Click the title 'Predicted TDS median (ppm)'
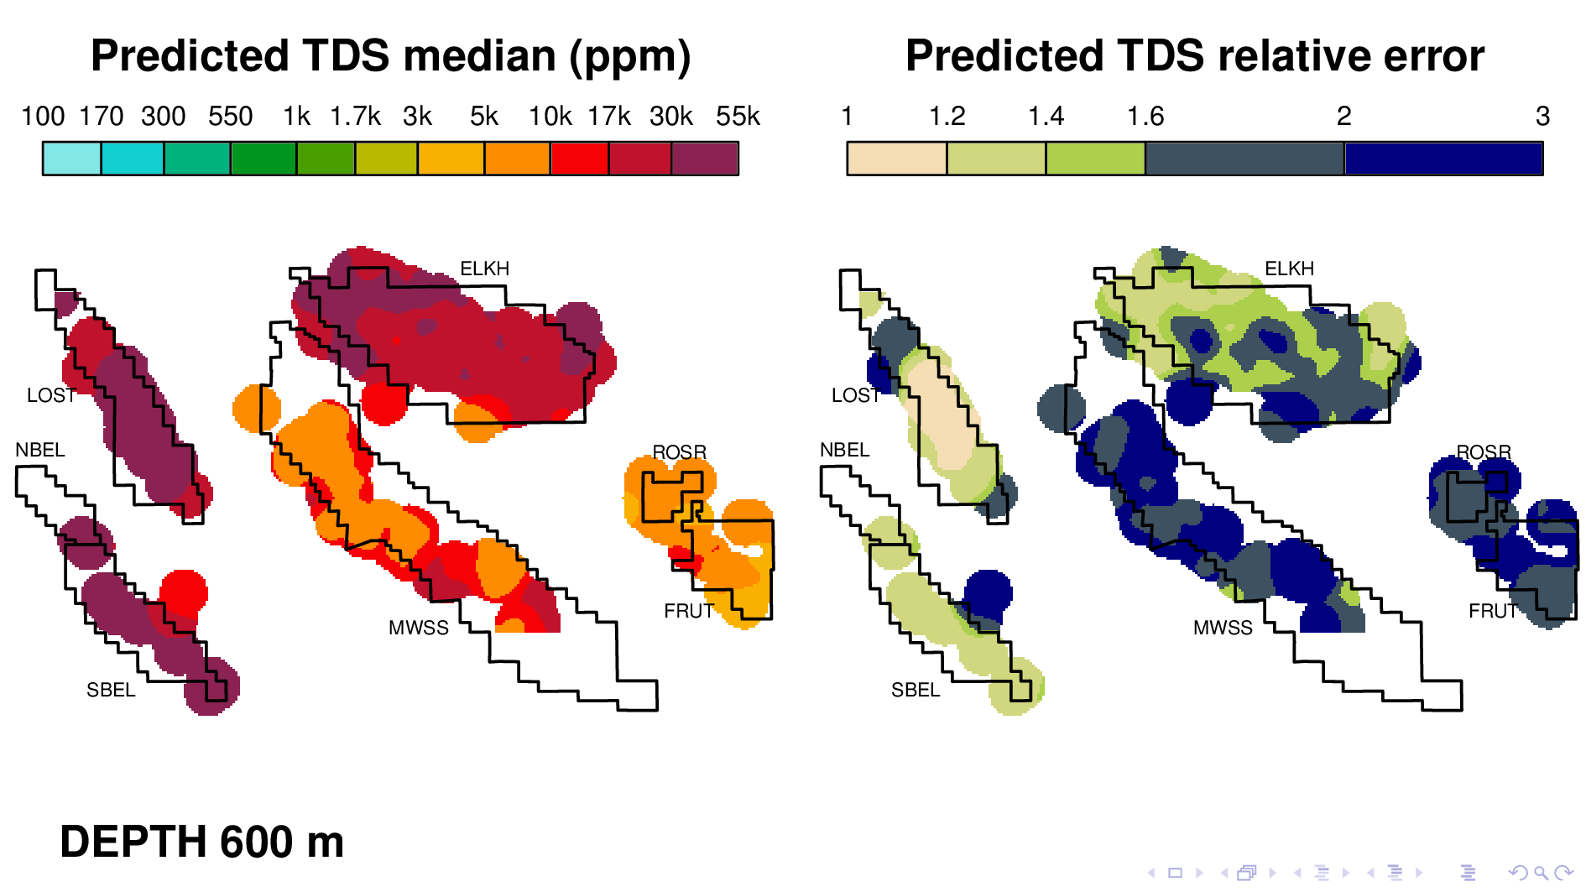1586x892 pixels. tap(390, 57)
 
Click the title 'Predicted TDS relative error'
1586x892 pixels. tap(1194, 57)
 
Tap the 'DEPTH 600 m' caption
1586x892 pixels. tap(202, 842)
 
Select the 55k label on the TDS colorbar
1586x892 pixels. tap(738, 117)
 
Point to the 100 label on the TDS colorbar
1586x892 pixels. tap(43, 117)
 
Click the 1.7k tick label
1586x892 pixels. tap(355, 117)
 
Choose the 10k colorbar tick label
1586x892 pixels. tap(550, 117)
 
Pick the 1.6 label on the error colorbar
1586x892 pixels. tap(1145, 117)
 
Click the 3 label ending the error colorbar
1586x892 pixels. tap(1542, 117)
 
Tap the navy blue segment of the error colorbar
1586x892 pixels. tap(1443, 159)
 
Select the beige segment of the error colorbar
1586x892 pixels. tap(896, 159)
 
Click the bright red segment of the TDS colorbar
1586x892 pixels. tap(580, 159)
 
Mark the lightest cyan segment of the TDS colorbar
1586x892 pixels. tap(72, 159)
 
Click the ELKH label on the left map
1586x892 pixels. tap(484, 269)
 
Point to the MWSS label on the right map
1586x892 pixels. tap(1223, 628)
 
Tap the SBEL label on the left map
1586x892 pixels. tap(111, 690)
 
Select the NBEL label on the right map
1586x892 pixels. tap(844, 450)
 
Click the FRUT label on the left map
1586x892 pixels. tap(688, 611)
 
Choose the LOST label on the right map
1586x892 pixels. tap(855, 395)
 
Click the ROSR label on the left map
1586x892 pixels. tap(679, 452)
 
